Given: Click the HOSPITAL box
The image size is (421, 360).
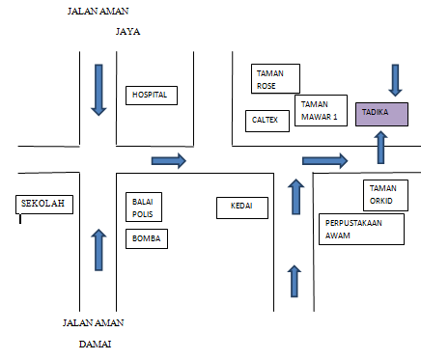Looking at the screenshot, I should (150, 96).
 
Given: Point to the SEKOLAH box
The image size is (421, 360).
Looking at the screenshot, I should (43, 205).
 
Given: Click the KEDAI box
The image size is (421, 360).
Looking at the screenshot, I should (242, 207).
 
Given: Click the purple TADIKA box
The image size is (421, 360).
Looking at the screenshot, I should (381, 114).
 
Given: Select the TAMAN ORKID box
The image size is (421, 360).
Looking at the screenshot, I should (385, 194).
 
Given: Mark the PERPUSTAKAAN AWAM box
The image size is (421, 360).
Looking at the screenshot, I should (361, 229).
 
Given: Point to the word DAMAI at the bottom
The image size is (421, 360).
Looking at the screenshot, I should (97, 343).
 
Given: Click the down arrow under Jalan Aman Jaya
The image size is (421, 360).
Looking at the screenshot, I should (98, 90).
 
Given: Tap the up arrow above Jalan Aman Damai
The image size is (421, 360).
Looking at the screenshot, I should (96, 249).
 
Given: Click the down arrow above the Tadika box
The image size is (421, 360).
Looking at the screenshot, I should (395, 78).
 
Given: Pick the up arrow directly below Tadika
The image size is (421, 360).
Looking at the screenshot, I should (380, 146).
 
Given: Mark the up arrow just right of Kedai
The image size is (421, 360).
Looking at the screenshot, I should (295, 196).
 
